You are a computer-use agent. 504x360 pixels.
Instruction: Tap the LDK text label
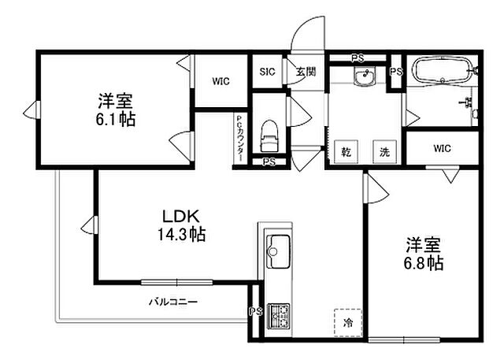click(x=183, y=216)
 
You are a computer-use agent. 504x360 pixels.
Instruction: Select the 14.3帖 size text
click(x=183, y=234)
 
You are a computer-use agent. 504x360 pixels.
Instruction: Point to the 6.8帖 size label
click(x=424, y=262)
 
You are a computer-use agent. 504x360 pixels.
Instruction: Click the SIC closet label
click(x=266, y=72)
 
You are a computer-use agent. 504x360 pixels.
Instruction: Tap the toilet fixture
click(x=270, y=135)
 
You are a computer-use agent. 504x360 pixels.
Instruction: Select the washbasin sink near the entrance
click(x=364, y=76)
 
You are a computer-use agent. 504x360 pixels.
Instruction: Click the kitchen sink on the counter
click(x=278, y=253)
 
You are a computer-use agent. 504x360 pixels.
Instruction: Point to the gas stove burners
click(x=279, y=316)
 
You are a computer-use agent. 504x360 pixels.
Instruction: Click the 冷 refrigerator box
click(x=346, y=322)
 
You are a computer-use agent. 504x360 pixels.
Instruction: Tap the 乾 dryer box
click(x=345, y=152)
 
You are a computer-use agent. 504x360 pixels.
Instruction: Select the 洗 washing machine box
click(x=385, y=152)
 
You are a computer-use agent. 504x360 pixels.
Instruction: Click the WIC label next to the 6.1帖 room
click(x=220, y=80)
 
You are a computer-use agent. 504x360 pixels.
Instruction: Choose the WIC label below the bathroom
click(x=442, y=147)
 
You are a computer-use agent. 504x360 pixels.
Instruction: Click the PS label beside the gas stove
click(x=256, y=310)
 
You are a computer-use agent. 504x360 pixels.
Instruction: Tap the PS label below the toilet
click(x=269, y=163)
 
